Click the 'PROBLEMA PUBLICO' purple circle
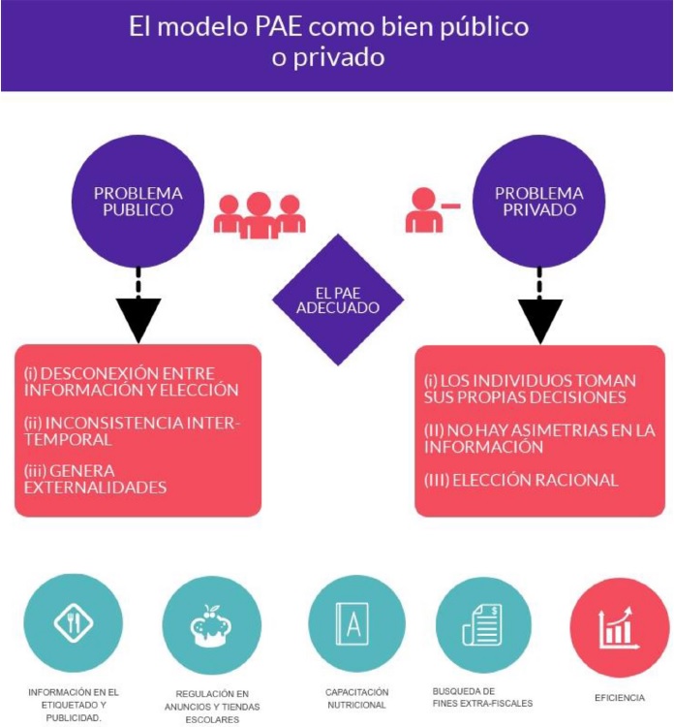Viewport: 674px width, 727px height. tap(138, 201)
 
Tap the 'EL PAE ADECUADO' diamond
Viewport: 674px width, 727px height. tap(338, 300)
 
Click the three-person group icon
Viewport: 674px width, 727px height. tap(259, 215)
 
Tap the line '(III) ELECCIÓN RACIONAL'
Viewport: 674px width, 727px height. tap(521, 479)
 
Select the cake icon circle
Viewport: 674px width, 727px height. tap(211, 624)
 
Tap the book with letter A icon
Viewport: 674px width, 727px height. tap(356, 624)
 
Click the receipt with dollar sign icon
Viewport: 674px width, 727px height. tap(483, 624)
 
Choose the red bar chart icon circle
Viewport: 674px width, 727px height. tap(619, 624)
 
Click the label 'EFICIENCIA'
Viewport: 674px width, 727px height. tap(619, 698)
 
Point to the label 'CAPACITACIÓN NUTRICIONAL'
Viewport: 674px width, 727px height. tap(356, 698)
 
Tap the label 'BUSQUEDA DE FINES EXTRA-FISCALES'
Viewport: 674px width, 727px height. tap(482, 697)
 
